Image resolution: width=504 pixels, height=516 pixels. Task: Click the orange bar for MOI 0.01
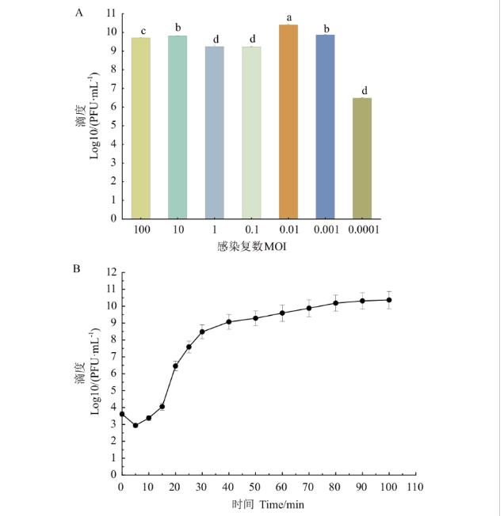coord(288,122)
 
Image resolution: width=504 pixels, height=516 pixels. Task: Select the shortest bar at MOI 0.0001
coord(364,158)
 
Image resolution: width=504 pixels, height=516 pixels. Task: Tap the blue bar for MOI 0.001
coord(326,127)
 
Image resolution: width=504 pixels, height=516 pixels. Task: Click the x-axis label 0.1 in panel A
coord(252,230)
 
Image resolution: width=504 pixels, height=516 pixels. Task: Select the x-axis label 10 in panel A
coord(178,230)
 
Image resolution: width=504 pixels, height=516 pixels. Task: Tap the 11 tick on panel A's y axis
coord(110,14)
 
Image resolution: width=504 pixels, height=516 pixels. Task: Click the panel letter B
coord(77,267)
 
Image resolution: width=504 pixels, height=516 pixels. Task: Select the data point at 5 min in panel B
coord(135,425)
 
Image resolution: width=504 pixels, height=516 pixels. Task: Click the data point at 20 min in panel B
coord(175,366)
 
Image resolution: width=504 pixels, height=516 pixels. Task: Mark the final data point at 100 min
coord(389,300)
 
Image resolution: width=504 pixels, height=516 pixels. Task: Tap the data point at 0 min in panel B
coord(121,414)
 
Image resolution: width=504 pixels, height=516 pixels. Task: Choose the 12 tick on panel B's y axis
coord(110,272)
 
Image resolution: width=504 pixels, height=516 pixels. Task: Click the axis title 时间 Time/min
coord(266,504)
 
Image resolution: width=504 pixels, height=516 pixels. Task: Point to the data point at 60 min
coord(282,313)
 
